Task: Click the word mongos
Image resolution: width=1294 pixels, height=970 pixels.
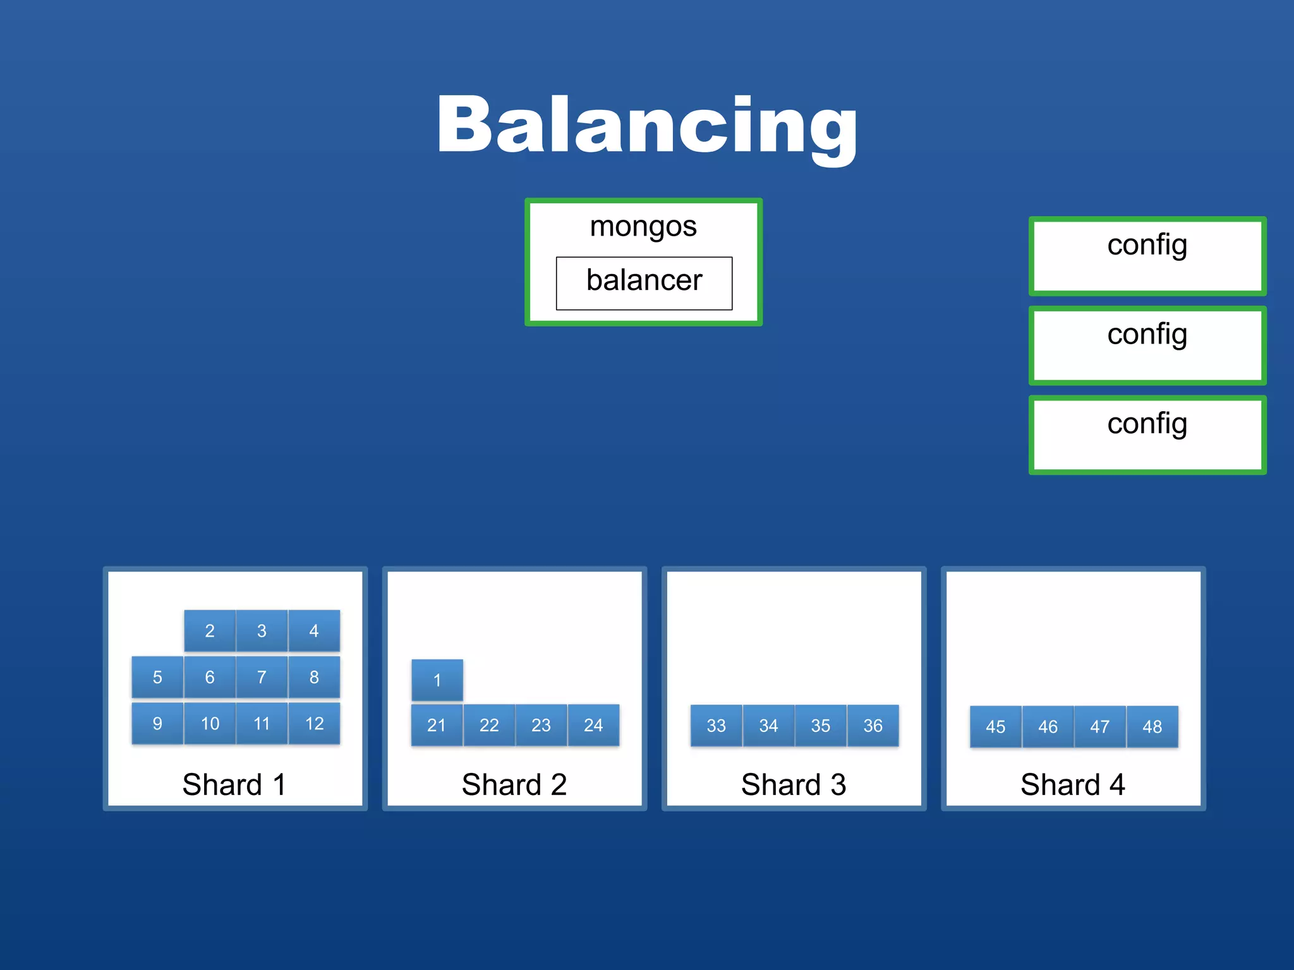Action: [643, 227]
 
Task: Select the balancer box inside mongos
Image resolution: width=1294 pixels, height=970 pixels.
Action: [644, 282]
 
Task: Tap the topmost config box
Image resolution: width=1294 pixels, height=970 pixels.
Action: [1147, 256]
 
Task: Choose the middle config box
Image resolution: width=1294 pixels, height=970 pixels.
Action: [1147, 345]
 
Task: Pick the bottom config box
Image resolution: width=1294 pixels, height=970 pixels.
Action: [1147, 434]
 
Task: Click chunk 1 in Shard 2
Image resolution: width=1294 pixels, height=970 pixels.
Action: [437, 680]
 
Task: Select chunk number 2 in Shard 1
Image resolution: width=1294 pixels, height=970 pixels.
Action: [210, 630]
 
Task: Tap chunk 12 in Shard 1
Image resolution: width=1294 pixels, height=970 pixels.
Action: [314, 723]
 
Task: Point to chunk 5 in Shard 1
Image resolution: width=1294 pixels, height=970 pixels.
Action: [157, 677]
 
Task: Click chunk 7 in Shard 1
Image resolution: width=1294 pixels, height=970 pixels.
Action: [262, 677]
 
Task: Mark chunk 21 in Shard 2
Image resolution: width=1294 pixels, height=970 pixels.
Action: [437, 725]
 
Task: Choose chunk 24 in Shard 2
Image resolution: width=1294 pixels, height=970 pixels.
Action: [593, 725]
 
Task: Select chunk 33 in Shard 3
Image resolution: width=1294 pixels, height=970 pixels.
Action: [716, 726]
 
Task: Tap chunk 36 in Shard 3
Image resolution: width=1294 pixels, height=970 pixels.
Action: [873, 726]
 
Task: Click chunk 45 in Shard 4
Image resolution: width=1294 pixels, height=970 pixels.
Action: [995, 727]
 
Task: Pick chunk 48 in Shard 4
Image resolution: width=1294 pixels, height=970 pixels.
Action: [1152, 727]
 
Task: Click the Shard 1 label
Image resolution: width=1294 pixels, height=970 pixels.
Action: [234, 785]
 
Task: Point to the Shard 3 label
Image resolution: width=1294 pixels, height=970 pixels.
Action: [793, 785]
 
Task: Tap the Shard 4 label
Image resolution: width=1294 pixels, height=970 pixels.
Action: [1072, 785]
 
